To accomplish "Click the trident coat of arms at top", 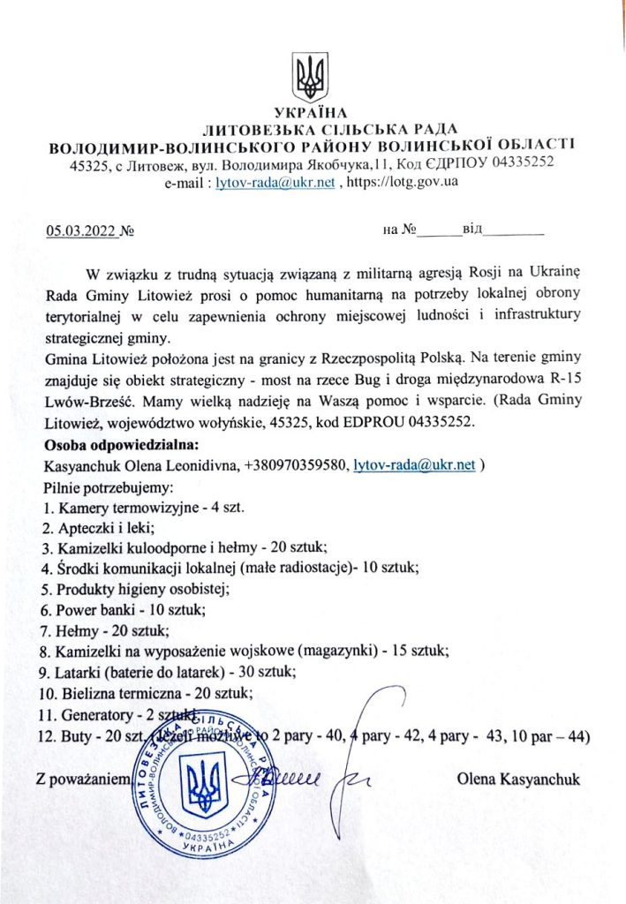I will pyautogui.click(x=311, y=79).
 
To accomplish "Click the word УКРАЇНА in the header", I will pyautogui.click(x=312, y=112).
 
